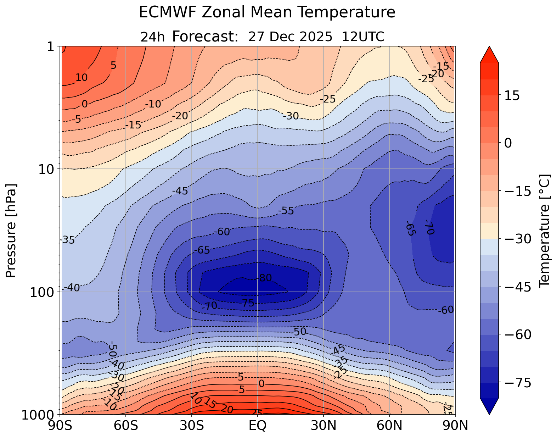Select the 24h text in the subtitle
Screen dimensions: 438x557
153,37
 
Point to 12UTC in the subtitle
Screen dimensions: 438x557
363,37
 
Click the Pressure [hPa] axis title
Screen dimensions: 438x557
11,231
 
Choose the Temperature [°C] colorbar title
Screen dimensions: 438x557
544,231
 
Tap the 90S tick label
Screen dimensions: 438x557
61,426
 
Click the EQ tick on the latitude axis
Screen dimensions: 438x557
258,426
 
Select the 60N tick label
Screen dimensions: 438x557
389,426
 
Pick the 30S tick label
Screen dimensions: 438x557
192,426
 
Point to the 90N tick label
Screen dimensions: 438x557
455,426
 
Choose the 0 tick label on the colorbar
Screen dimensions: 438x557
508,143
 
